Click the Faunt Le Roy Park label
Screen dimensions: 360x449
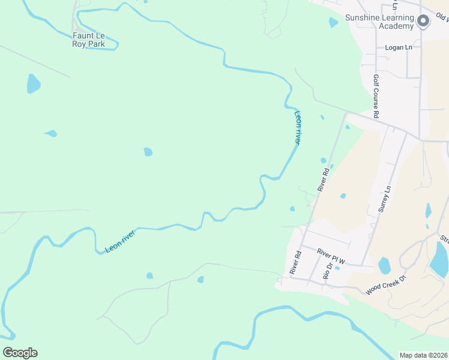(88, 40)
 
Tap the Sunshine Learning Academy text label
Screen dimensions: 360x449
(379, 22)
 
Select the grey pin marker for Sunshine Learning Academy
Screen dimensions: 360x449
(423, 22)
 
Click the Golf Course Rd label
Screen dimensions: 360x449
(376, 96)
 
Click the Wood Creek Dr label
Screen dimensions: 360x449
(386, 285)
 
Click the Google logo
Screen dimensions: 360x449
(20, 353)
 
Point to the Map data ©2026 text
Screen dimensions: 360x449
(423, 355)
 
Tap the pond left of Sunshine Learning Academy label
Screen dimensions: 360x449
(333, 23)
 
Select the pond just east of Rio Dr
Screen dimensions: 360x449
(384, 265)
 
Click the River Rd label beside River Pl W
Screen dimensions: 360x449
(295, 263)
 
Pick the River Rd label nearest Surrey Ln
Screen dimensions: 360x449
(324, 179)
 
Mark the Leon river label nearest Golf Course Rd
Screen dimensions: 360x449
(297, 127)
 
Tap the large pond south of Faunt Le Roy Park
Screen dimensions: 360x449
(33, 83)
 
